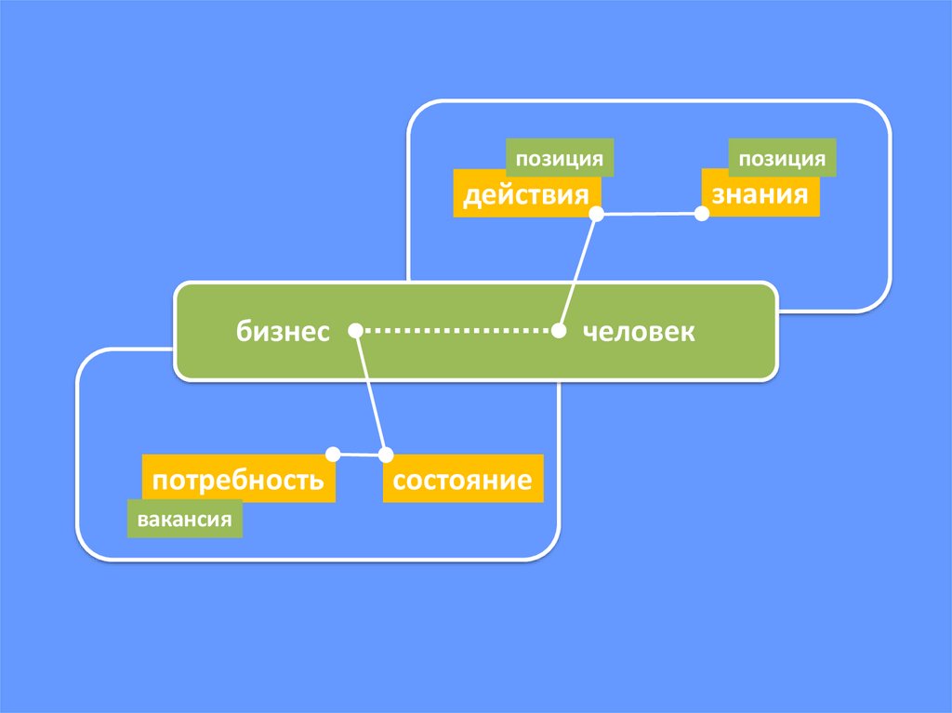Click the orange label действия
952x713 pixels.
pos(526,194)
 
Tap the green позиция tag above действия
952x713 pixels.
pos(561,158)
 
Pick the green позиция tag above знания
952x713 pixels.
pos(782,158)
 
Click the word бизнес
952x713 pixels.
pos(283,331)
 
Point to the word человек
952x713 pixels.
pos(639,331)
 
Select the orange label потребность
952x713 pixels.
pos(238,480)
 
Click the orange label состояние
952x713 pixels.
pos(462,480)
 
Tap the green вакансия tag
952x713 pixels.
pos(184,519)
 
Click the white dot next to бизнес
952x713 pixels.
pos(355,330)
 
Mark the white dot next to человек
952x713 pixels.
pos(559,330)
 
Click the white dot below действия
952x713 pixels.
pos(597,214)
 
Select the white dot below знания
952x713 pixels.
pos(702,213)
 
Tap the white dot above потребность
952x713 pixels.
pos(332,454)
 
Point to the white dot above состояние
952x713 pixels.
pos(386,455)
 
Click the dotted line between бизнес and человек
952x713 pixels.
pos(456,330)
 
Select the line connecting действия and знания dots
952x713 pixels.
pos(649,214)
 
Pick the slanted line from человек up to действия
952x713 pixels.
pos(577,272)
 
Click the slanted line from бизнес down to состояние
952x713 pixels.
pos(371,393)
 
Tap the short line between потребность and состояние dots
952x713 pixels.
pos(359,455)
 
